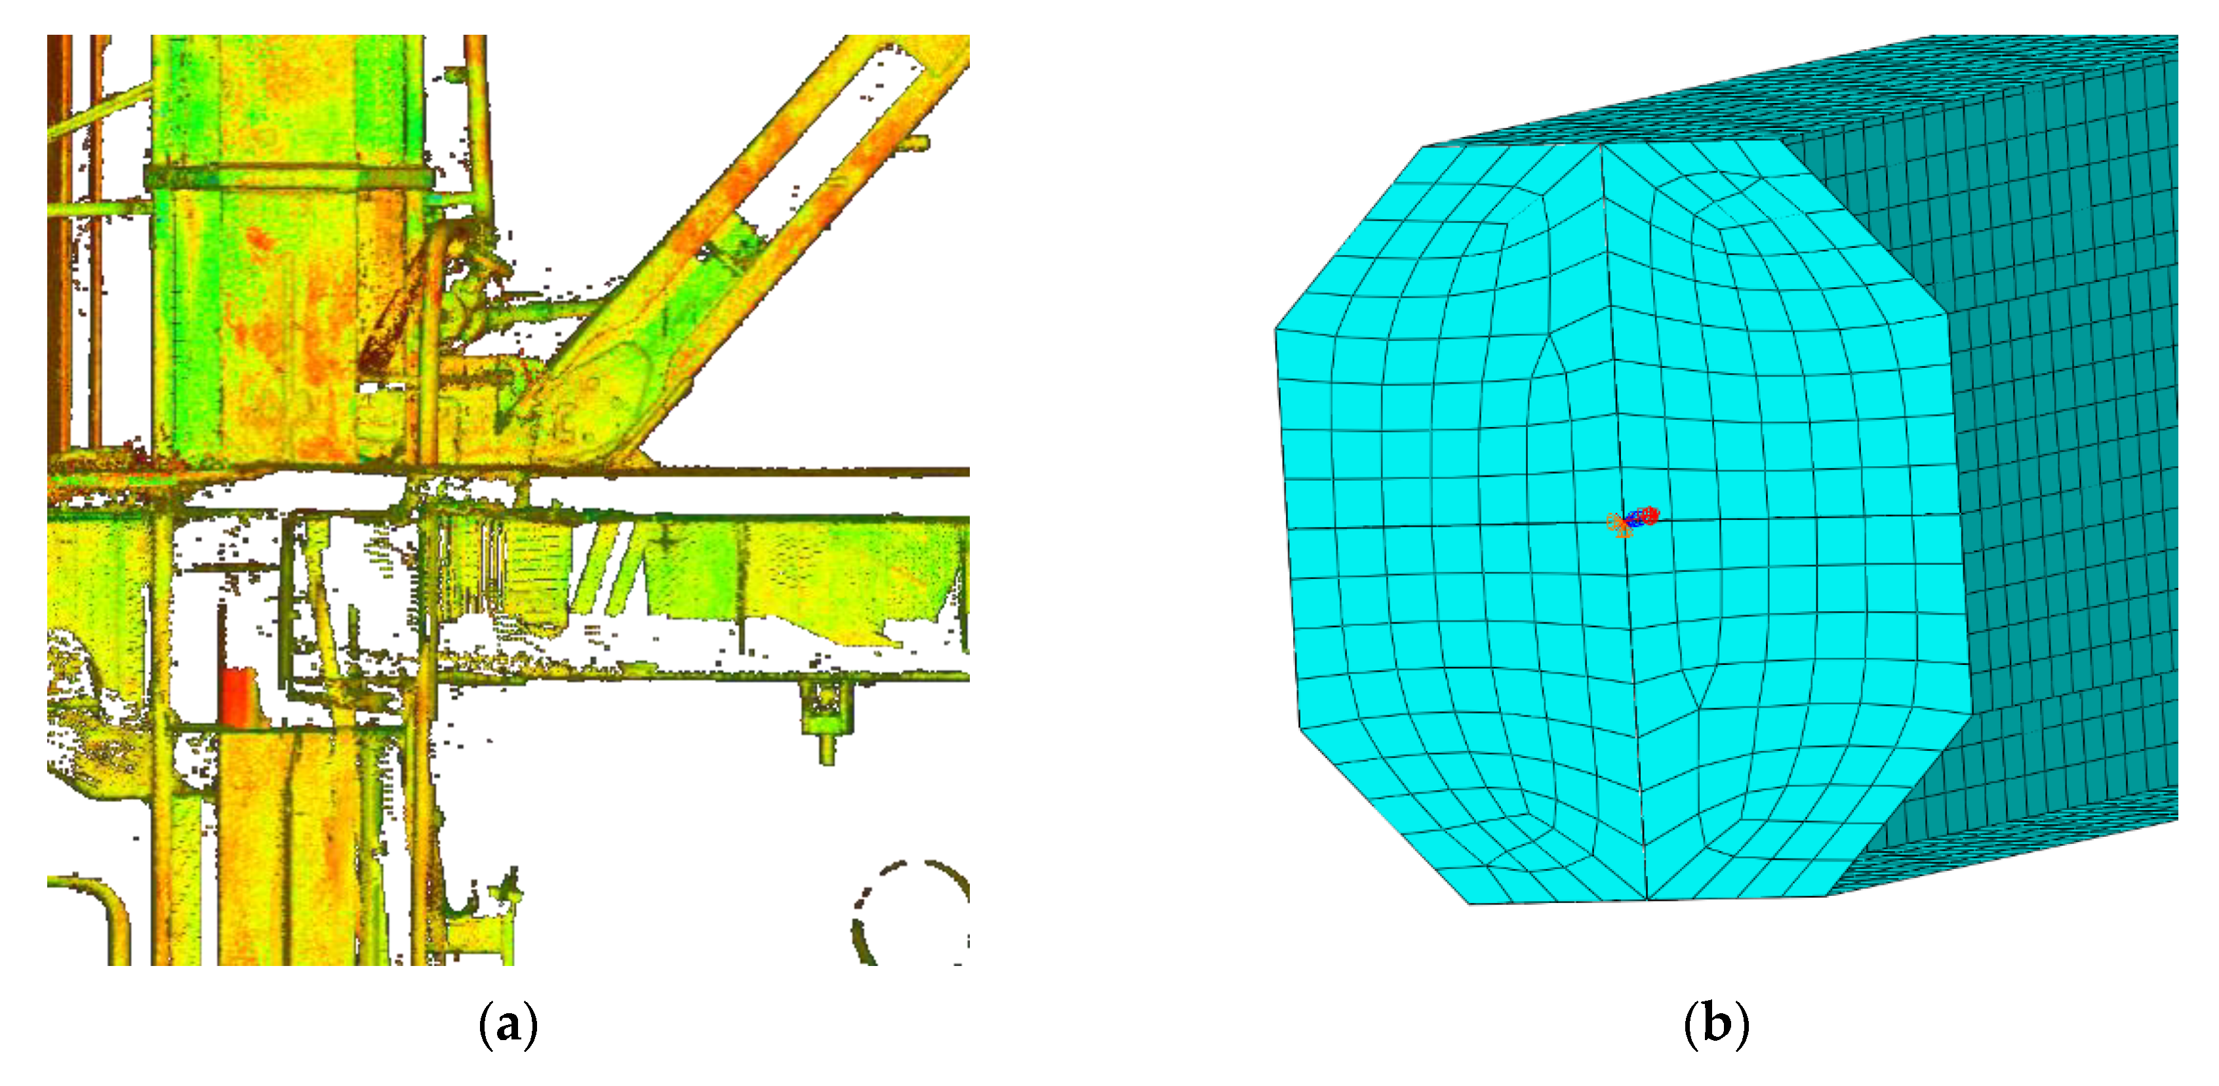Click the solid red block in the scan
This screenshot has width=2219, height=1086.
(238, 695)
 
